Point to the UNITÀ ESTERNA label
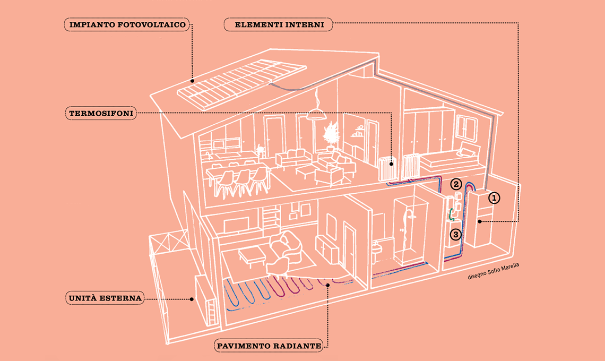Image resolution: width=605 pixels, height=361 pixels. pyautogui.click(x=105, y=298)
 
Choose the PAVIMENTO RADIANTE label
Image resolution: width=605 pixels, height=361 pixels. pyautogui.click(x=269, y=346)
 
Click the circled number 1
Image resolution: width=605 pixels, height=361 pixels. pyautogui.click(x=494, y=198)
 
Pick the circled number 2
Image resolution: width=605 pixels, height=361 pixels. pyautogui.click(x=455, y=184)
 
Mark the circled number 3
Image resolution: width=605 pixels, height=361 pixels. pyautogui.click(x=455, y=234)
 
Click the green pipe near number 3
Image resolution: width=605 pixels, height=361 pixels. pyautogui.click(x=452, y=214)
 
